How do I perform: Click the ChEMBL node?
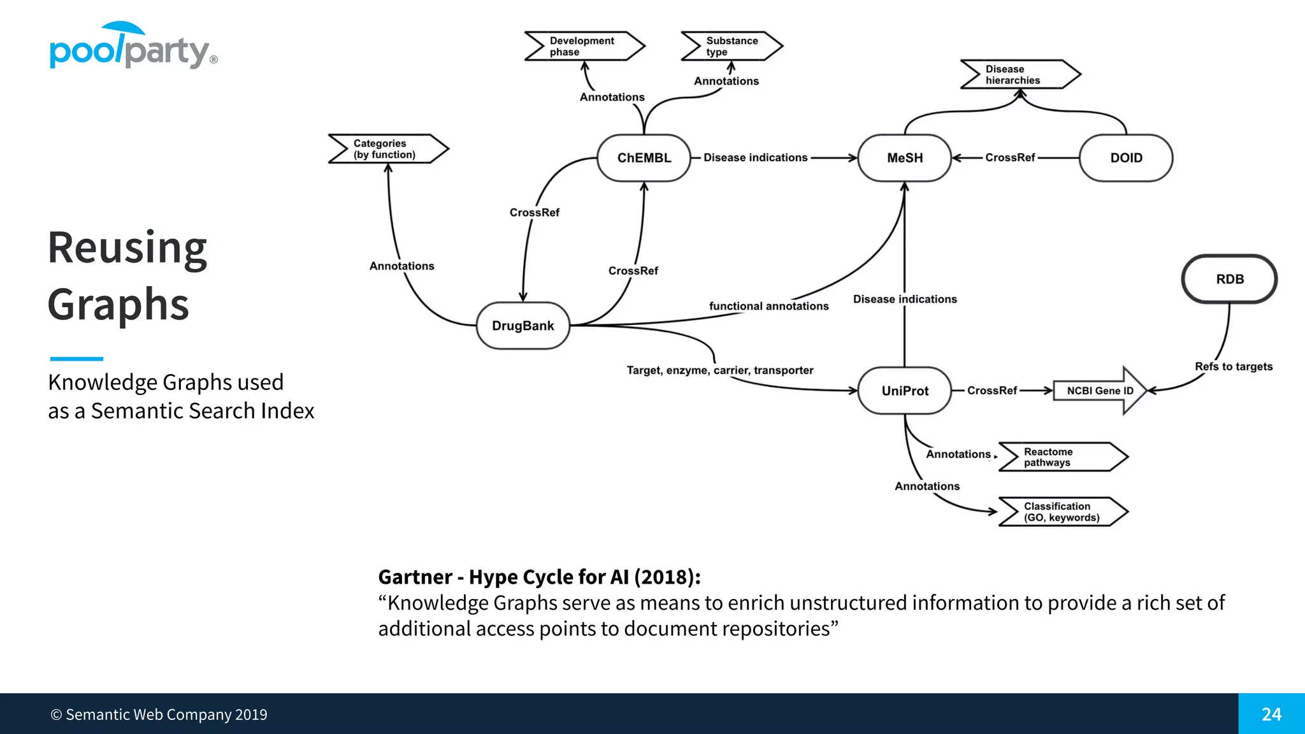[644, 158]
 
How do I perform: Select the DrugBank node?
[523, 326]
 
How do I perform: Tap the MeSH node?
[904, 158]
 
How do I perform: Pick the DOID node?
[1126, 158]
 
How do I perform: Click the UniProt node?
[904, 391]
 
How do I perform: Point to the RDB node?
[1229, 279]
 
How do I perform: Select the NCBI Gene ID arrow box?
[1100, 391]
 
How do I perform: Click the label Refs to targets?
[1233, 366]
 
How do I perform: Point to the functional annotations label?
[768, 306]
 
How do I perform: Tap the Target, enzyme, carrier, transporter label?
[719, 370]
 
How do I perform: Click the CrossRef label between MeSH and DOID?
[1009, 157]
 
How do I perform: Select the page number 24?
[1271, 714]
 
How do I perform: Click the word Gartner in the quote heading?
[415, 577]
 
